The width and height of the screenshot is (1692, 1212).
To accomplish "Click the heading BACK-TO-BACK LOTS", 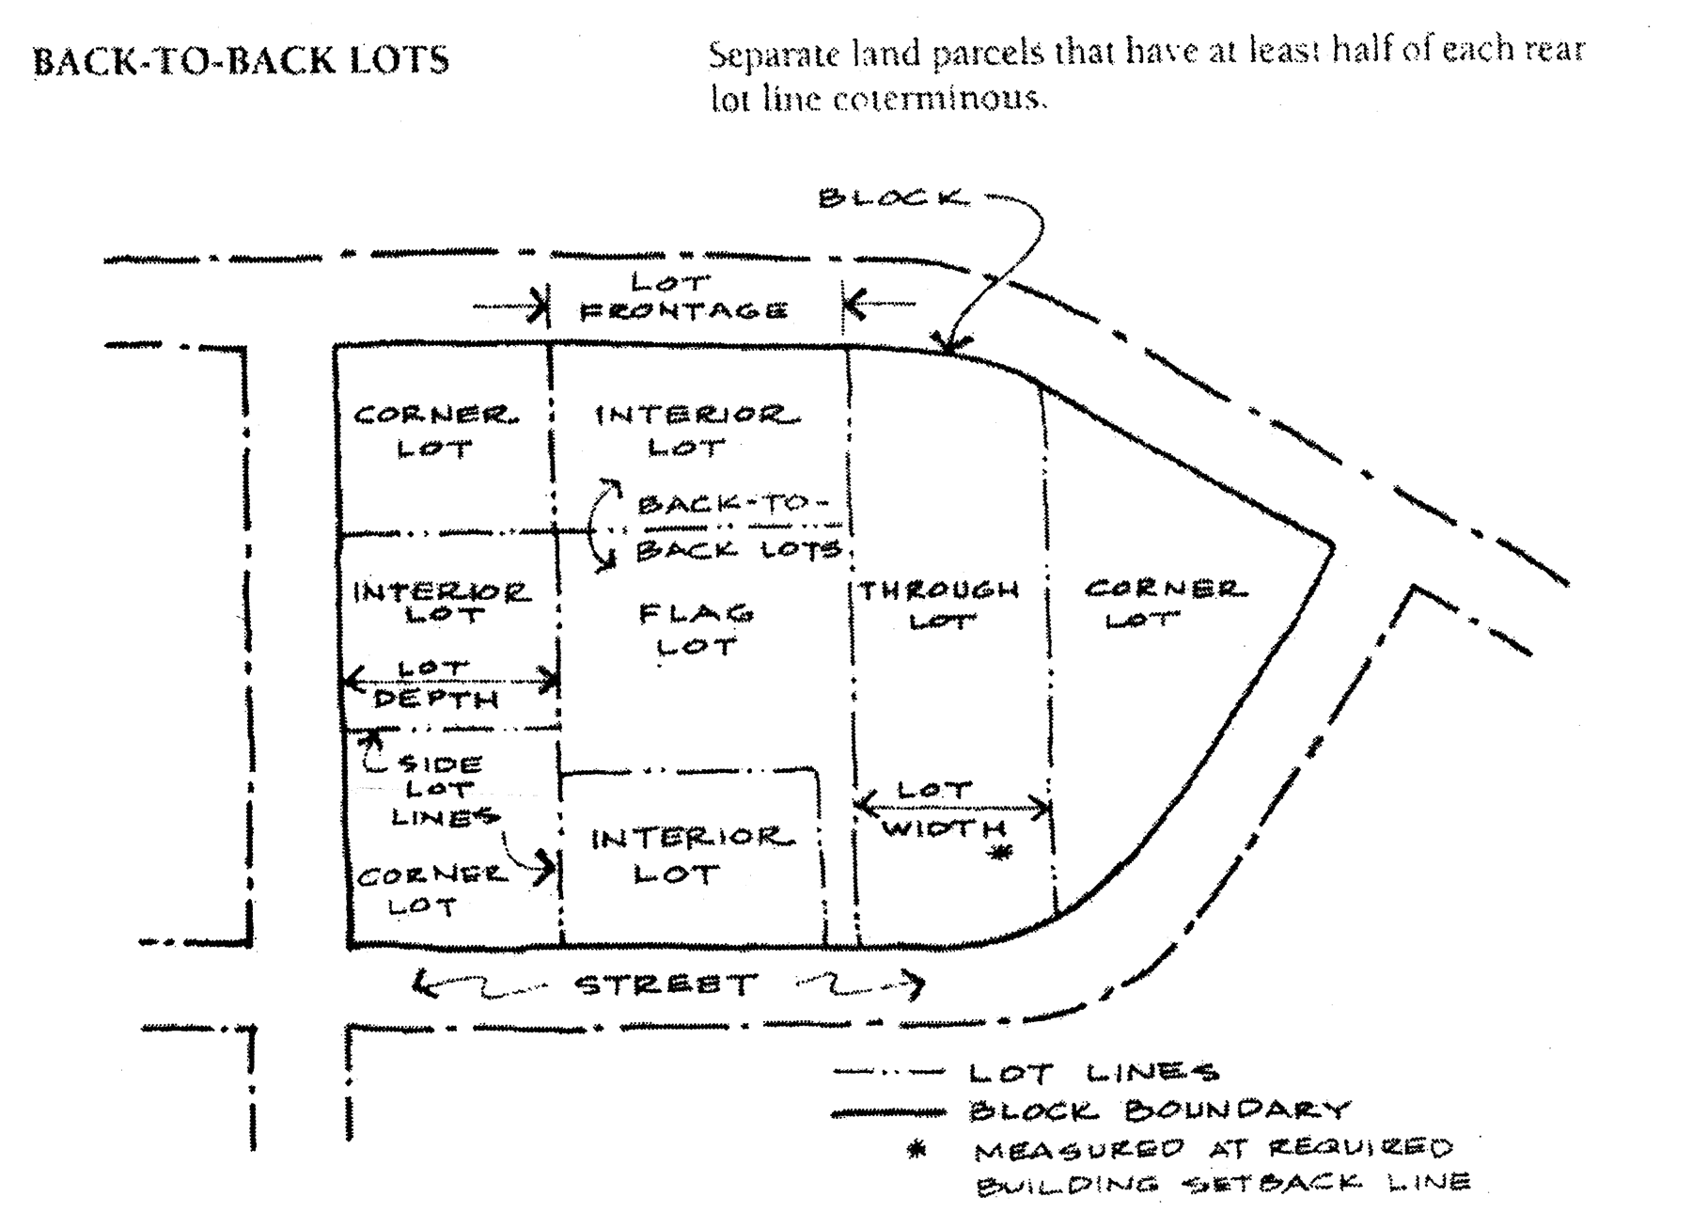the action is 241,60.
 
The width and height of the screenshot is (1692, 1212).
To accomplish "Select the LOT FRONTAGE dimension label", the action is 683,296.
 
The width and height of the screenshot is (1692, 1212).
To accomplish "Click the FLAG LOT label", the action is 697,630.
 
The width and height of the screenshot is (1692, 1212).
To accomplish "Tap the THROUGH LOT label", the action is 939,605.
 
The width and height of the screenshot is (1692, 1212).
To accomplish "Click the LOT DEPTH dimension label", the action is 436,685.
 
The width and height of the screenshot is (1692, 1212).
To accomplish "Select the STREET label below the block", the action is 666,984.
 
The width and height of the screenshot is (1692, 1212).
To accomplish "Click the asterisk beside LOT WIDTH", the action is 1003,854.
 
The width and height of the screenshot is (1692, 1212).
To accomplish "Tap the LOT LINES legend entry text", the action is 1093,1072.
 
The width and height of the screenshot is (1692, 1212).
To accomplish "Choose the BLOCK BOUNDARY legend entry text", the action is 1159,1110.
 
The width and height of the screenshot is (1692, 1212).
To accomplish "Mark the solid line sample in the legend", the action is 887,1112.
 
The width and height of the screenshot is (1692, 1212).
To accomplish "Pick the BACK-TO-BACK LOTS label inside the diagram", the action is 738,527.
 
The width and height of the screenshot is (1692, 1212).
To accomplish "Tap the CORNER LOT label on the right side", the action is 1165,605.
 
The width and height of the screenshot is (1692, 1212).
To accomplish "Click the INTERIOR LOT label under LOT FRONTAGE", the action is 697,430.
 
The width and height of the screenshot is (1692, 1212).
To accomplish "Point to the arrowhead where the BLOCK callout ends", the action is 948,346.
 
